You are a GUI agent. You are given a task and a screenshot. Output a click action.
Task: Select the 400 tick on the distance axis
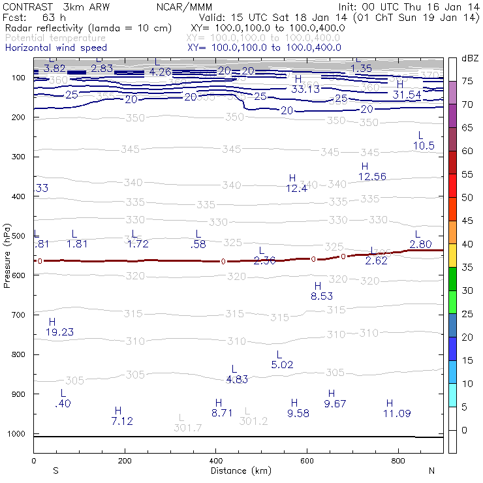(x=216, y=461)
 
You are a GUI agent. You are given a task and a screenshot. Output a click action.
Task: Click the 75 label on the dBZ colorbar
(x=467, y=82)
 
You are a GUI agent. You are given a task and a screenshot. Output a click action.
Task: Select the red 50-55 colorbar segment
(x=452, y=185)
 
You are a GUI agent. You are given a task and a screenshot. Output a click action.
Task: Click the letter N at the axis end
(x=431, y=471)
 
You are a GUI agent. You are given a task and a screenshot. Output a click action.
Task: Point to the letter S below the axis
(x=55, y=471)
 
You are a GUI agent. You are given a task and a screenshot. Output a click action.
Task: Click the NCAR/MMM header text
(x=185, y=7)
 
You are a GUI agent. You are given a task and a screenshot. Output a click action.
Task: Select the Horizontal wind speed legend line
(x=55, y=48)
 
